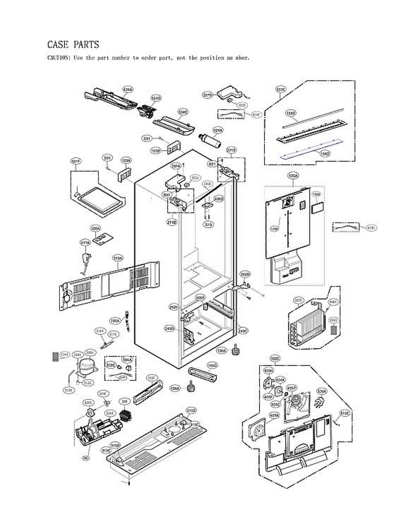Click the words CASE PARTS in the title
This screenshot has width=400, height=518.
tap(73, 44)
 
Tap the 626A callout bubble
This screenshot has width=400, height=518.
tap(128, 89)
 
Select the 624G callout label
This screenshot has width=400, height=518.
tap(156, 98)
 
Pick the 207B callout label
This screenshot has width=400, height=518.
tap(208, 95)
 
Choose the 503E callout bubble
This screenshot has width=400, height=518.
tap(280, 89)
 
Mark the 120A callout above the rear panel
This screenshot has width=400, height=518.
tap(293, 176)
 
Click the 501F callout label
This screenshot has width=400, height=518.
tap(76, 161)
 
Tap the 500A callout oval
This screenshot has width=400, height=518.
tap(95, 227)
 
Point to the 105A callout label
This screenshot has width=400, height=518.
tap(115, 321)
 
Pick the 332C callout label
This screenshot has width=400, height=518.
tap(275, 359)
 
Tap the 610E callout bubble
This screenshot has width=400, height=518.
tap(344, 413)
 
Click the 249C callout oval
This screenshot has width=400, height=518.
tap(243, 331)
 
